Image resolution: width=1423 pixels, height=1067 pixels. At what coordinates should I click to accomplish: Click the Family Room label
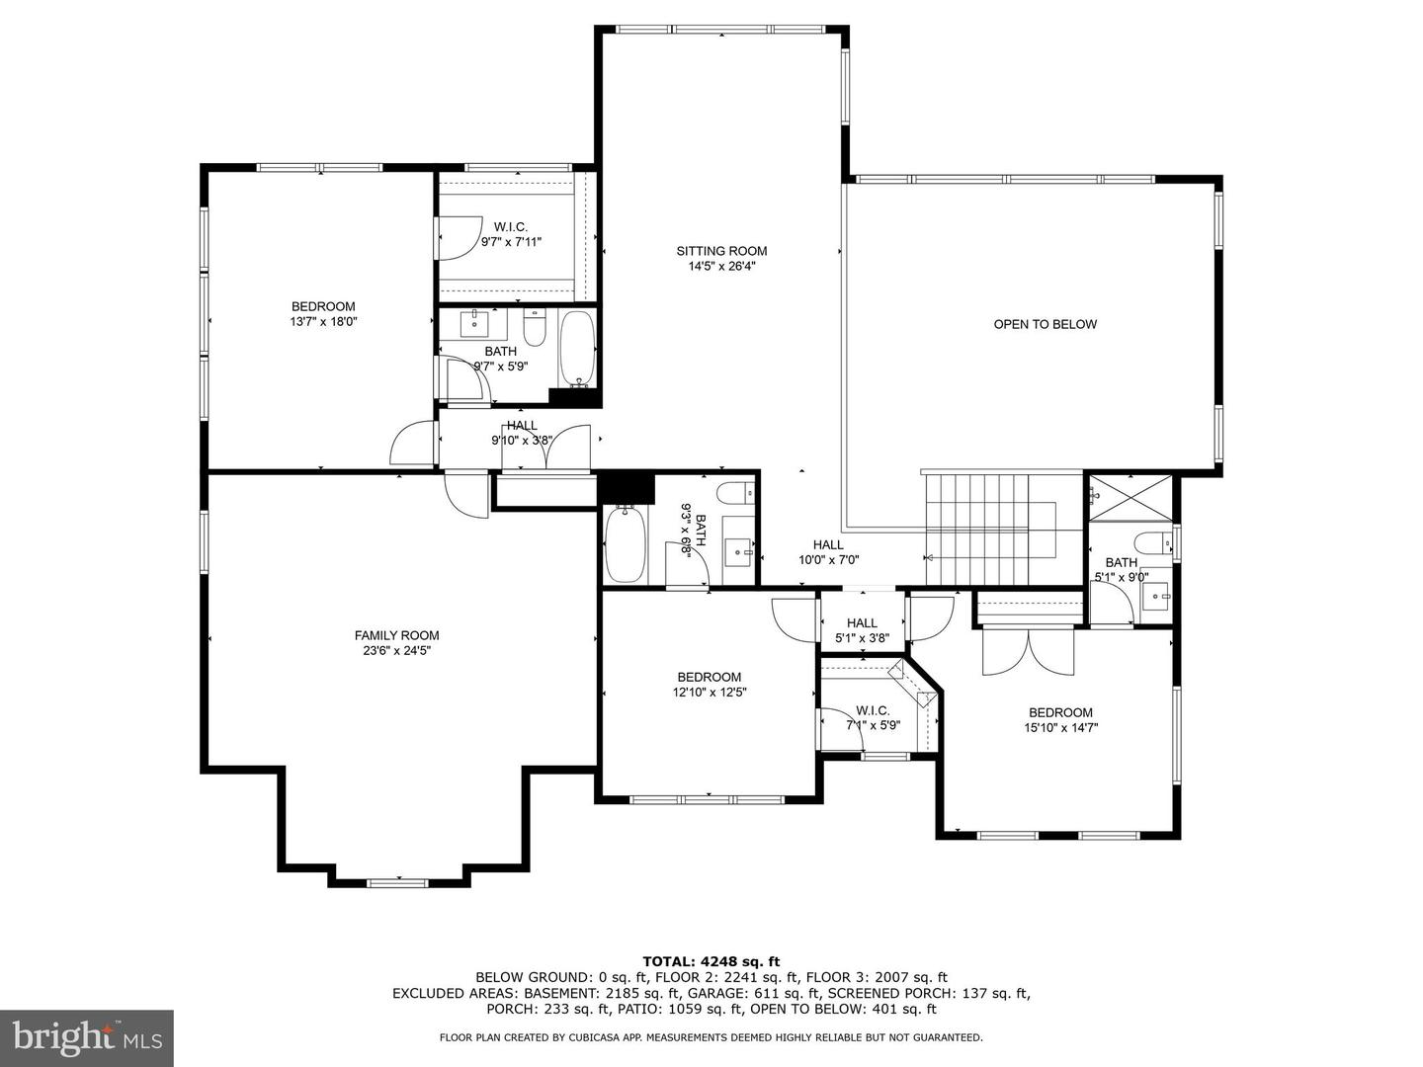(x=396, y=635)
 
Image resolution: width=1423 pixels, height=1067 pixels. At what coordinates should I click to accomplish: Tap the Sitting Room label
(x=721, y=251)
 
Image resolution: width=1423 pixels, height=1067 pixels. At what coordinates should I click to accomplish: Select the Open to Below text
(x=1045, y=324)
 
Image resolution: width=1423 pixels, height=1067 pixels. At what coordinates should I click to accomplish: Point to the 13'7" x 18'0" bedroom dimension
(x=322, y=321)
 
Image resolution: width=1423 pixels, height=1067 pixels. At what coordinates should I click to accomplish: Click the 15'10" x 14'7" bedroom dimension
(x=1060, y=727)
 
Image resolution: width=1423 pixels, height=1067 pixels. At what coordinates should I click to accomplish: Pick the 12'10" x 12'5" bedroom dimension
(x=709, y=692)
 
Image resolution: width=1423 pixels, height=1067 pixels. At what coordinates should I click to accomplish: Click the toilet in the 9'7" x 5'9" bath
(x=535, y=328)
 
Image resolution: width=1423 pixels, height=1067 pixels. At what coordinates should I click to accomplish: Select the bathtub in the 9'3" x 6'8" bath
(x=624, y=544)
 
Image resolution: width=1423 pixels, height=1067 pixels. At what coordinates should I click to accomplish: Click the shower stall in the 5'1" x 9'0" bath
(x=1131, y=497)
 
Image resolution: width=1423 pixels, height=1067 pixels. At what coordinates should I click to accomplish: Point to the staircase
(x=976, y=529)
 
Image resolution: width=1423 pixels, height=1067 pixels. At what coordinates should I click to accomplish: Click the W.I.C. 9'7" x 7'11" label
(x=511, y=234)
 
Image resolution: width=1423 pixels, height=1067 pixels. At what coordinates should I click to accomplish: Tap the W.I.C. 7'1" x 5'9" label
(x=873, y=717)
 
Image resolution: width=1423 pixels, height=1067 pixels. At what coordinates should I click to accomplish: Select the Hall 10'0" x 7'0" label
(x=828, y=551)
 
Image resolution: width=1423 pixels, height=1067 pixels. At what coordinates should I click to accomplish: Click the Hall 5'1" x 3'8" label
(x=862, y=630)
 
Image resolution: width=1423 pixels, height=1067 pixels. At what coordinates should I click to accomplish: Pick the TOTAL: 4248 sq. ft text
(x=711, y=960)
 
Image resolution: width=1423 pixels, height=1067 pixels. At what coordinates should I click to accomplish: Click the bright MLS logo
(x=87, y=1037)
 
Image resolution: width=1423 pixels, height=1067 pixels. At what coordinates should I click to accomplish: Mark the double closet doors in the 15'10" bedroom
(x=1028, y=652)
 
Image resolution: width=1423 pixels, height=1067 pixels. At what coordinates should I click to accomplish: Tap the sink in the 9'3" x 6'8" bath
(x=737, y=548)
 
